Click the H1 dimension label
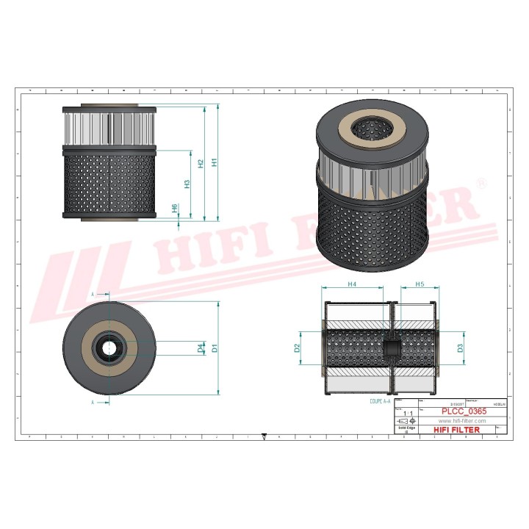coord(215,162)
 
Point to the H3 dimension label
coord(187,184)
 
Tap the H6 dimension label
coord(174,209)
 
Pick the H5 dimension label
coord(420,284)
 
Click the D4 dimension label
coord(201,348)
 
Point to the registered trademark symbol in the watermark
coord(481,181)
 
